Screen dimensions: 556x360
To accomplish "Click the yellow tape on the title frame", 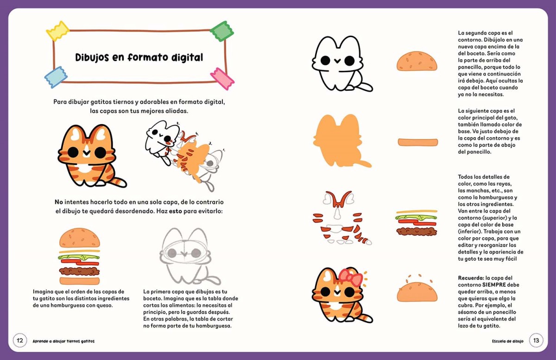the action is [x=57, y=31].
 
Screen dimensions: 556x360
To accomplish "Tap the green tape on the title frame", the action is [x=221, y=31].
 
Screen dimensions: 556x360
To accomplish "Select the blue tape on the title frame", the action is [x=56, y=77].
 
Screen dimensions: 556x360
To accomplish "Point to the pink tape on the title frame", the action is [x=222, y=79].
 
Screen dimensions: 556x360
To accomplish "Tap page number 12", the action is [x=19, y=341].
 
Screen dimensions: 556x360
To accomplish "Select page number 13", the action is [x=536, y=340].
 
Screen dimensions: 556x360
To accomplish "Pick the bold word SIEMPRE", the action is [x=494, y=285].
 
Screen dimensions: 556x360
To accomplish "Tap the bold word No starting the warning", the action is [x=59, y=202].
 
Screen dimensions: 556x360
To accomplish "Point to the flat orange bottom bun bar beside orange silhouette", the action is [x=418, y=142].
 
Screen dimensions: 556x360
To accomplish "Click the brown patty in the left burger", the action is [x=79, y=272].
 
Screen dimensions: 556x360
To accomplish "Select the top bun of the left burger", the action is [x=79, y=238].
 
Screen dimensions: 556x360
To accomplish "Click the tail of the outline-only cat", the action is [x=364, y=87].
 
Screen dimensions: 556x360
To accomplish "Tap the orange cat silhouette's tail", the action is [x=363, y=164].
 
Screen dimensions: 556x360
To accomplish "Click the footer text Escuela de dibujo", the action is [x=508, y=341].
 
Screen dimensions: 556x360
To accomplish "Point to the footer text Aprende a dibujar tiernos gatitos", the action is [x=63, y=341].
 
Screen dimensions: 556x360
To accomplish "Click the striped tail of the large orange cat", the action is [x=118, y=182].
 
